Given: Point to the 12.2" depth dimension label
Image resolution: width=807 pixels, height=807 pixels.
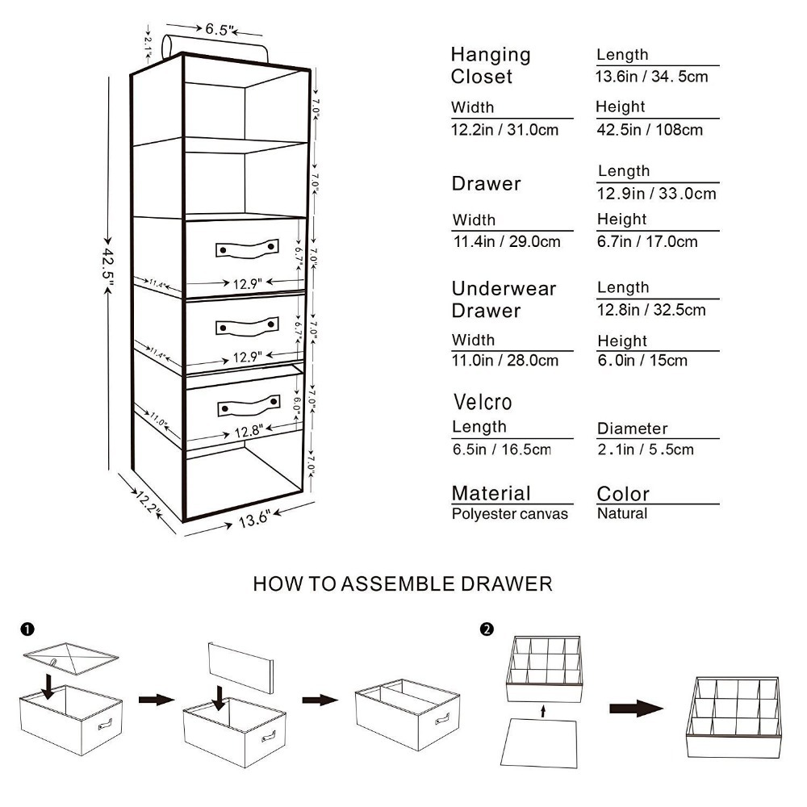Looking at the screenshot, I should coord(148,504).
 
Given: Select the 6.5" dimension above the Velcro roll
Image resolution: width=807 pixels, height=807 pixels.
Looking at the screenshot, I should coord(219,30).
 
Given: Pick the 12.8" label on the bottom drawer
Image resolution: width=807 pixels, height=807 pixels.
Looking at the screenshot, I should coord(247,432).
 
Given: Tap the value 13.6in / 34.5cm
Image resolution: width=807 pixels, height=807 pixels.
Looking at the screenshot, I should coord(652,77).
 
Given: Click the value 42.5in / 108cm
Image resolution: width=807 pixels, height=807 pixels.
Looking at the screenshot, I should coord(649,129).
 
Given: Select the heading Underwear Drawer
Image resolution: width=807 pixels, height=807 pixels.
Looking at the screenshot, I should coord(504,299).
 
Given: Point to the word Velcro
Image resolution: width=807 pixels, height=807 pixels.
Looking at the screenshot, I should coord(483,402).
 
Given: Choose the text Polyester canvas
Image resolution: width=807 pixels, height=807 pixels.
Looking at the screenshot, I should coord(510,514).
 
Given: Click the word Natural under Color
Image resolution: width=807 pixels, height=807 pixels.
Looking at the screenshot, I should coord(621,513).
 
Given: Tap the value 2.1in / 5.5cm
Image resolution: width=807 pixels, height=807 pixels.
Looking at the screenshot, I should coord(646,449).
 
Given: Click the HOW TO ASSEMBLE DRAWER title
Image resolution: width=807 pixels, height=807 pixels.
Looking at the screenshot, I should coord(403,583).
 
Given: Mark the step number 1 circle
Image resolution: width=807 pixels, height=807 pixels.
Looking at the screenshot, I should coord(27,628).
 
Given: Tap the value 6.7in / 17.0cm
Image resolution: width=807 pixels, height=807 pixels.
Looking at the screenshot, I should coord(647,241).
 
